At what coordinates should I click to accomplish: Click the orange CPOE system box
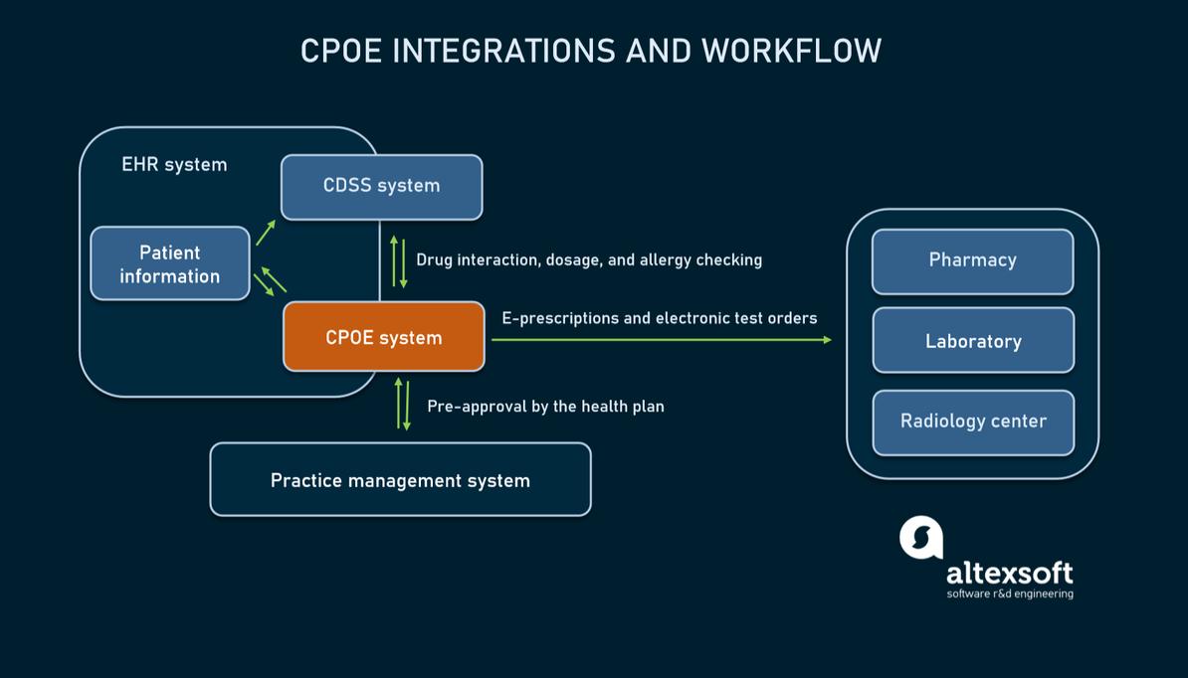(x=383, y=338)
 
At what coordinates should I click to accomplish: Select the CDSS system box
(x=381, y=186)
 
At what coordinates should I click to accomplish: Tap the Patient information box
(x=170, y=264)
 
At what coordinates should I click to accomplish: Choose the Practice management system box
(x=400, y=480)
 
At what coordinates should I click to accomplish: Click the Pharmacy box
(x=972, y=260)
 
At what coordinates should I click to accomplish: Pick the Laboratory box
(x=973, y=341)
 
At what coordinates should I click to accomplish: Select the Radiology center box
(x=973, y=422)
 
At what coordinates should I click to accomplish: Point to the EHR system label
(x=174, y=165)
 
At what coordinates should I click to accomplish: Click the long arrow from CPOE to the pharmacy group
(x=661, y=340)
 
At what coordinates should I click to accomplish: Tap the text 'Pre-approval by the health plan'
(x=545, y=407)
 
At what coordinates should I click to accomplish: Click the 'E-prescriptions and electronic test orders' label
(x=659, y=318)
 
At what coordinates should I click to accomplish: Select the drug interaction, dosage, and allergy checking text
(x=589, y=260)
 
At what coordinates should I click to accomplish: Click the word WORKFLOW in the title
(x=791, y=51)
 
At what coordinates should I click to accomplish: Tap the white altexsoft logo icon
(x=920, y=538)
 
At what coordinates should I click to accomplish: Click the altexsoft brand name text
(x=1009, y=573)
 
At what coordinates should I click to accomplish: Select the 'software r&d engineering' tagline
(x=1009, y=594)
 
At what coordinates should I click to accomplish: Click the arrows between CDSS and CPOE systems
(x=398, y=261)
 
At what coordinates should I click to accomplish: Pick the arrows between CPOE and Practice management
(x=403, y=404)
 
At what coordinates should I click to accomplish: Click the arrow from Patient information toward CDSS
(x=265, y=233)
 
